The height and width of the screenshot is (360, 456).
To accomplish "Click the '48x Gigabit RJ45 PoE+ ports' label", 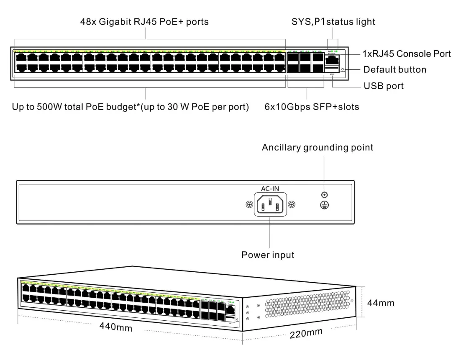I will pyautogui.click(x=144, y=22).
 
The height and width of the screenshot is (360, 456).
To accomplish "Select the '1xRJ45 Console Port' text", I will pyautogui.click(x=406, y=54).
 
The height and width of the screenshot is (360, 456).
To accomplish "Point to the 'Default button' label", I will pyautogui.click(x=395, y=69).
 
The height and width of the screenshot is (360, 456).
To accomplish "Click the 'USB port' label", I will pyautogui.click(x=384, y=86).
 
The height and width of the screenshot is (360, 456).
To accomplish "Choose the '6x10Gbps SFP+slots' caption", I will pyautogui.click(x=312, y=107).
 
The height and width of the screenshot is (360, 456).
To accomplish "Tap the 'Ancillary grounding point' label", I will pyautogui.click(x=318, y=148).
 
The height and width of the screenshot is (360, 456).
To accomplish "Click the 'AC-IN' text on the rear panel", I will pyautogui.click(x=270, y=189).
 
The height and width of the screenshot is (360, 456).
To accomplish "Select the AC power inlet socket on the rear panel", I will pyautogui.click(x=270, y=204).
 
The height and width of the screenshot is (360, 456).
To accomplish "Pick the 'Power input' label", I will pyautogui.click(x=268, y=255).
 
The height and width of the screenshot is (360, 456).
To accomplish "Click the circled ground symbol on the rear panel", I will pyautogui.click(x=324, y=204).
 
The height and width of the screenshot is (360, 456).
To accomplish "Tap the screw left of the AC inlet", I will pyautogui.click(x=248, y=204).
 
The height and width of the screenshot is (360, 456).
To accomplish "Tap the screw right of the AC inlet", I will pyautogui.click(x=292, y=204).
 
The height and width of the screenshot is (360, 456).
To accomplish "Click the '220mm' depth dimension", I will pyautogui.click(x=306, y=333).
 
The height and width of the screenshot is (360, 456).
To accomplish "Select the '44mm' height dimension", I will pyautogui.click(x=381, y=303).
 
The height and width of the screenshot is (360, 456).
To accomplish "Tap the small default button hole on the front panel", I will pyautogui.click(x=343, y=69).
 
